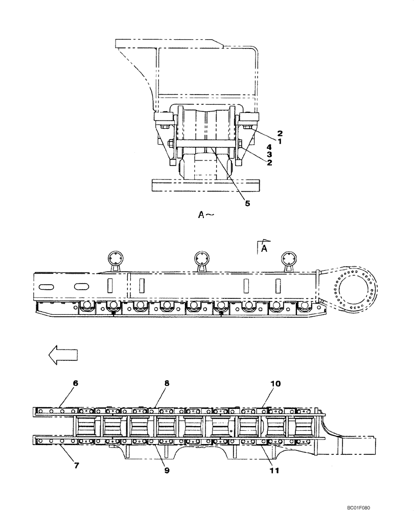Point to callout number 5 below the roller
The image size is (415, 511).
coord(247,203)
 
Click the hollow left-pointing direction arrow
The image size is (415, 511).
coord(60,354)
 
